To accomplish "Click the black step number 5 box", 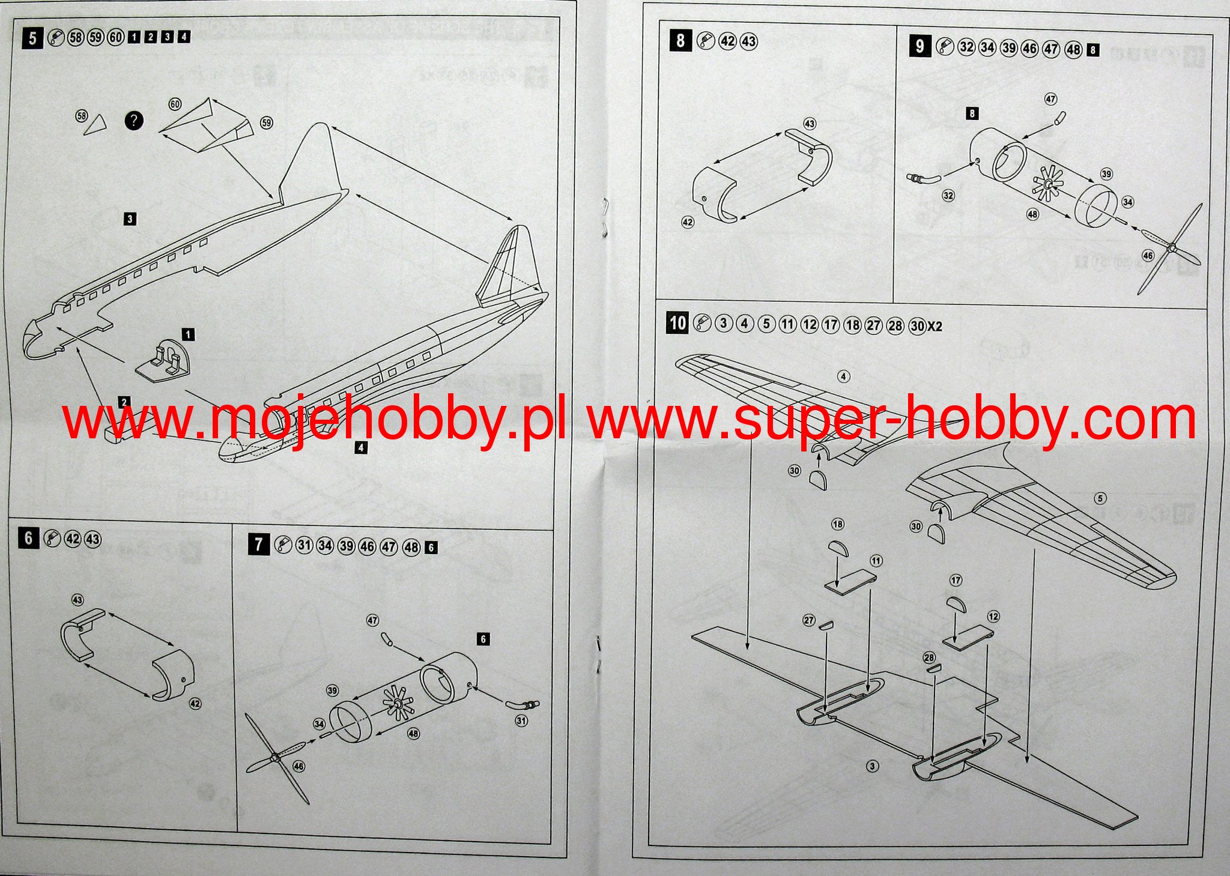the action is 33,38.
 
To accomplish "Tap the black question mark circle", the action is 134,121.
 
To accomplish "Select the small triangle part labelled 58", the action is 95,124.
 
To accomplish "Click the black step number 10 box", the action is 677,323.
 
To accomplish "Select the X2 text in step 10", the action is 935,326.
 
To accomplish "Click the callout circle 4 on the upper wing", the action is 844,376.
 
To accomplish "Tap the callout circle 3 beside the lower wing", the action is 873,766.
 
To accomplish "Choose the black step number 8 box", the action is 680,41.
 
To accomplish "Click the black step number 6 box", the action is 28,538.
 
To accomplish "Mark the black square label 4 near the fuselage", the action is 361,447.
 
